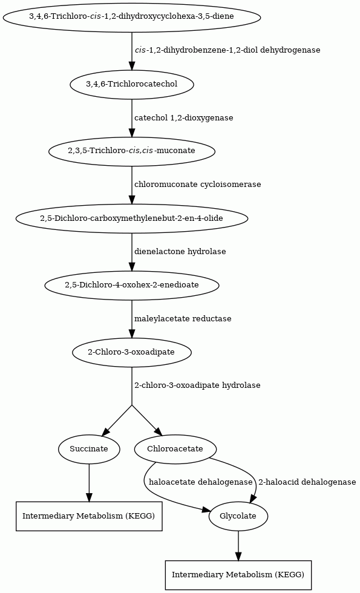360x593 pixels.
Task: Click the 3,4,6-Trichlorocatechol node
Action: [x=132, y=84]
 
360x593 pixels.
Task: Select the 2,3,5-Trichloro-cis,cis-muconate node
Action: [x=132, y=151]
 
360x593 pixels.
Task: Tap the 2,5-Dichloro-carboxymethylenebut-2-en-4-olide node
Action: [x=132, y=218]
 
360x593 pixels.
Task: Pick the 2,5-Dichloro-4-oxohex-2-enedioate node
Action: [x=132, y=285]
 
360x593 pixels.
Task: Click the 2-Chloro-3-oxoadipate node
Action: [x=132, y=352]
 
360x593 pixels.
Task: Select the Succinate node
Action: [x=89, y=449]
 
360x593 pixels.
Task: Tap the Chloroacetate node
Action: [x=175, y=449]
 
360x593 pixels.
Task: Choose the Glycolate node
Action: [x=238, y=516]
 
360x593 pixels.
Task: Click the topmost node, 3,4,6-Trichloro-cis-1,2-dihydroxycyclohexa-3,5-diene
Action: [x=132, y=17]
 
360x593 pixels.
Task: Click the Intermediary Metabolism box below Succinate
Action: [x=89, y=516]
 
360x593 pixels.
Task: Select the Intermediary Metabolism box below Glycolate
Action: [x=238, y=575]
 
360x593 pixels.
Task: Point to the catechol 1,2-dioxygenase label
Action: [x=184, y=117]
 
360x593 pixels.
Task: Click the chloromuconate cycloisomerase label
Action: [x=198, y=185]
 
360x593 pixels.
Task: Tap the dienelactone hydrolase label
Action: [x=180, y=252]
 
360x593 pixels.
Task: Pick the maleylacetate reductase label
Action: [x=183, y=319]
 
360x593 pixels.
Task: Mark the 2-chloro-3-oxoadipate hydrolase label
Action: [x=197, y=385]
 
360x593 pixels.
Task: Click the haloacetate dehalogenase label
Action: [x=201, y=482]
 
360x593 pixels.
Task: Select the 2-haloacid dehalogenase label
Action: [x=307, y=482]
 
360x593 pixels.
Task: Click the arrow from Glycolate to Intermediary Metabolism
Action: [x=238, y=545]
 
